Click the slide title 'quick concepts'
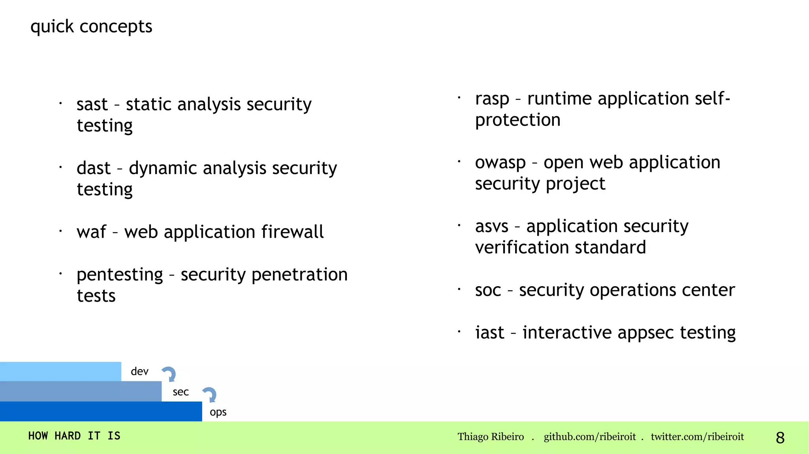91,27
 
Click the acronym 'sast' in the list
92,105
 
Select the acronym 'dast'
93,169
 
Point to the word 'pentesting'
120,275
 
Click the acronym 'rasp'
492,99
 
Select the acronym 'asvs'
491,227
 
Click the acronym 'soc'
488,291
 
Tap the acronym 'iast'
489,333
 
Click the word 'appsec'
646,333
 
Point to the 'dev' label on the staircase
139,371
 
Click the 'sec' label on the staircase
181,392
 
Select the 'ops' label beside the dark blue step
218,412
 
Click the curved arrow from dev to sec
169,374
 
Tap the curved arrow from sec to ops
210,394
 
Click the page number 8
780,437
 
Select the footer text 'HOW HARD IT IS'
74,436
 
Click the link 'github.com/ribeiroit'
589,437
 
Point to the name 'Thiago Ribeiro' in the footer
491,437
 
